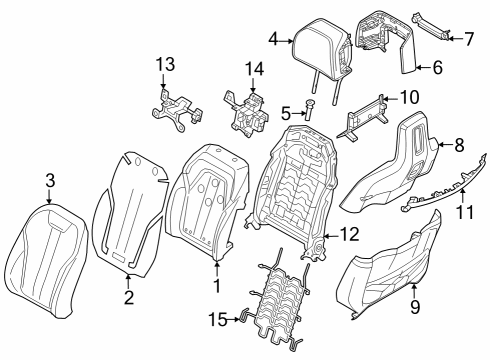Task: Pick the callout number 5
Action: pos(284,113)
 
